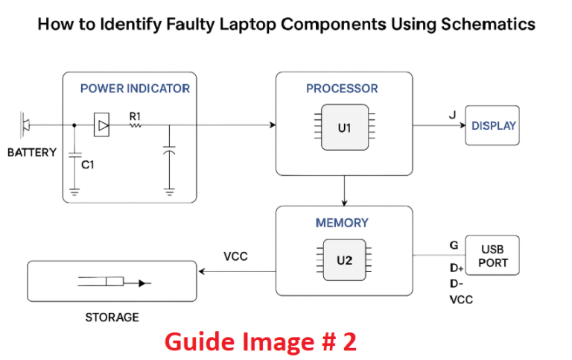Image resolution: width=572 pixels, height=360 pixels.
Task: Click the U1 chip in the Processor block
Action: point(343,127)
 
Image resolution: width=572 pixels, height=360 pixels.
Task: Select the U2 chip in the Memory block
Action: point(343,260)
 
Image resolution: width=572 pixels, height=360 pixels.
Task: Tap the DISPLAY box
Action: point(493,126)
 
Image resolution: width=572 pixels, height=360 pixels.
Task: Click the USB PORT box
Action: point(493,256)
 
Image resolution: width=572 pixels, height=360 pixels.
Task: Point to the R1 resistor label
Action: point(136,116)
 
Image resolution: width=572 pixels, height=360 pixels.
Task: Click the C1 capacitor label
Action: point(88,165)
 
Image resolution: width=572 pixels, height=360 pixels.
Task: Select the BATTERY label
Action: point(31,153)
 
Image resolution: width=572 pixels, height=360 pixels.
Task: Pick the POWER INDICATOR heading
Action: point(135,89)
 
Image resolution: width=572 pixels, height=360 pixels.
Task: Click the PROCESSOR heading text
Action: point(342,89)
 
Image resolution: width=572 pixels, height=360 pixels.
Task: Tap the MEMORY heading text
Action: point(342,222)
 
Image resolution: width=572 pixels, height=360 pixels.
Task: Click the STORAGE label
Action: point(112,317)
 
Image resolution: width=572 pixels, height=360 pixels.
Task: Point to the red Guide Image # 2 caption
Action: point(260,342)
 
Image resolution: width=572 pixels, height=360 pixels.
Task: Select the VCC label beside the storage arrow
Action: point(235,256)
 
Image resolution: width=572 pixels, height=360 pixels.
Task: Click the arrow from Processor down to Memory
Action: point(343,192)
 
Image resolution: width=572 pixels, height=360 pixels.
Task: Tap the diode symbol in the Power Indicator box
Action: point(101,126)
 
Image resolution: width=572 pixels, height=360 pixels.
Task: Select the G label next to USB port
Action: point(454,244)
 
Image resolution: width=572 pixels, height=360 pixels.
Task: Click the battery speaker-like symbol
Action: point(25,124)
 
